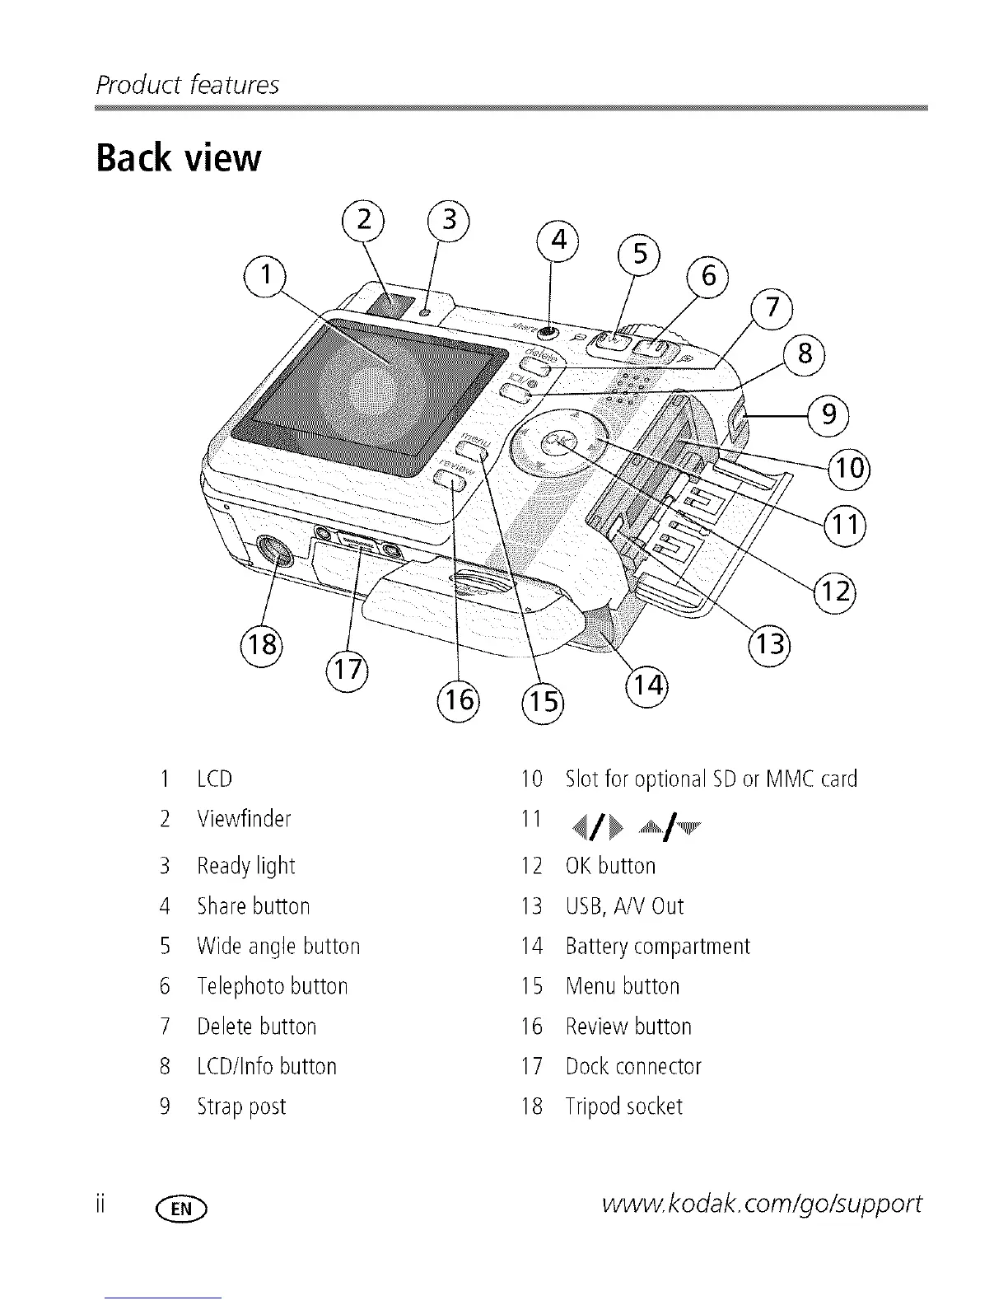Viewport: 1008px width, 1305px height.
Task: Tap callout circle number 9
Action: [828, 414]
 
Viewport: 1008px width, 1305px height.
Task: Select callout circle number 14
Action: [647, 684]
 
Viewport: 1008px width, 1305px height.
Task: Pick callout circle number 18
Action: [261, 643]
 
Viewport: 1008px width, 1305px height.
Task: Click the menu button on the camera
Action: [472, 450]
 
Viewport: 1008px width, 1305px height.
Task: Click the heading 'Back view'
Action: [179, 157]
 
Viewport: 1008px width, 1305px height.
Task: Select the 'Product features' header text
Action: [188, 85]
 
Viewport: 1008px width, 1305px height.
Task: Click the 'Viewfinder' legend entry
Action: [244, 819]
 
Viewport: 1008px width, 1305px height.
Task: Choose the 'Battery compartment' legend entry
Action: [657, 946]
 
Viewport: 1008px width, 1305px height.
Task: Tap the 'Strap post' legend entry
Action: [241, 1106]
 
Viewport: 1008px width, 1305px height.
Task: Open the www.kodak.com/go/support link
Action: [762, 1204]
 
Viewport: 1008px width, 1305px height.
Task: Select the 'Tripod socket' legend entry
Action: [623, 1106]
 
